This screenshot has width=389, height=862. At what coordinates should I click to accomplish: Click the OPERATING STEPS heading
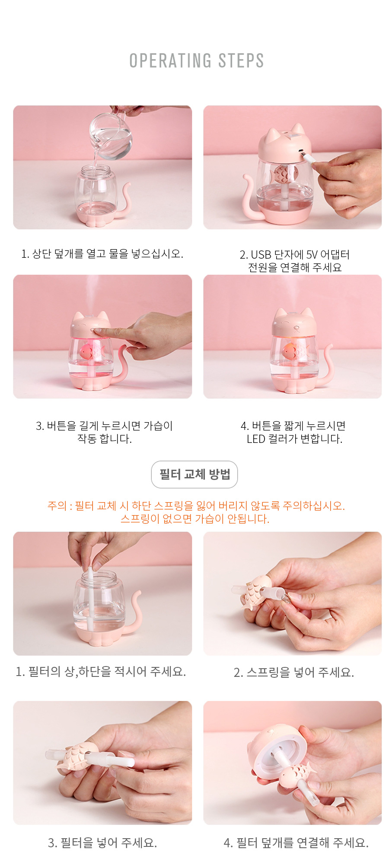click(x=197, y=61)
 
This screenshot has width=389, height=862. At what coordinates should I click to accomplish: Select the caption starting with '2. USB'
click(x=295, y=261)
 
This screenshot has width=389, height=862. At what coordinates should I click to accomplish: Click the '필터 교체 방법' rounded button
click(x=194, y=474)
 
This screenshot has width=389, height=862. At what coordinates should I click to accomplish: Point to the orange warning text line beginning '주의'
click(x=196, y=506)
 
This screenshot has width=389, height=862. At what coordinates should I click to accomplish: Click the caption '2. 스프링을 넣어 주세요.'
click(x=294, y=672)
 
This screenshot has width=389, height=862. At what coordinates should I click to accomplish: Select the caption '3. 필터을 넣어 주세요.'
click(x=102, y=843)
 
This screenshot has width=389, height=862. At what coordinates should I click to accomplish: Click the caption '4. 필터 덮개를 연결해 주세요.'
click(x=296, y=843)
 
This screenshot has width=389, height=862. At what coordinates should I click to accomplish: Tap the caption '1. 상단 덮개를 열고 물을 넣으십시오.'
click(x=102, y=253)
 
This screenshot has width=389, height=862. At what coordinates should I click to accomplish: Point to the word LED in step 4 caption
click(x=256, y=439)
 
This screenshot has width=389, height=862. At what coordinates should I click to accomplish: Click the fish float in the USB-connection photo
click(x=282, y=174)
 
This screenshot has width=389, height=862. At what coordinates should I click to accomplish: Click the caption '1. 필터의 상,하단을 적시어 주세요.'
click(x=101, y=672)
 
